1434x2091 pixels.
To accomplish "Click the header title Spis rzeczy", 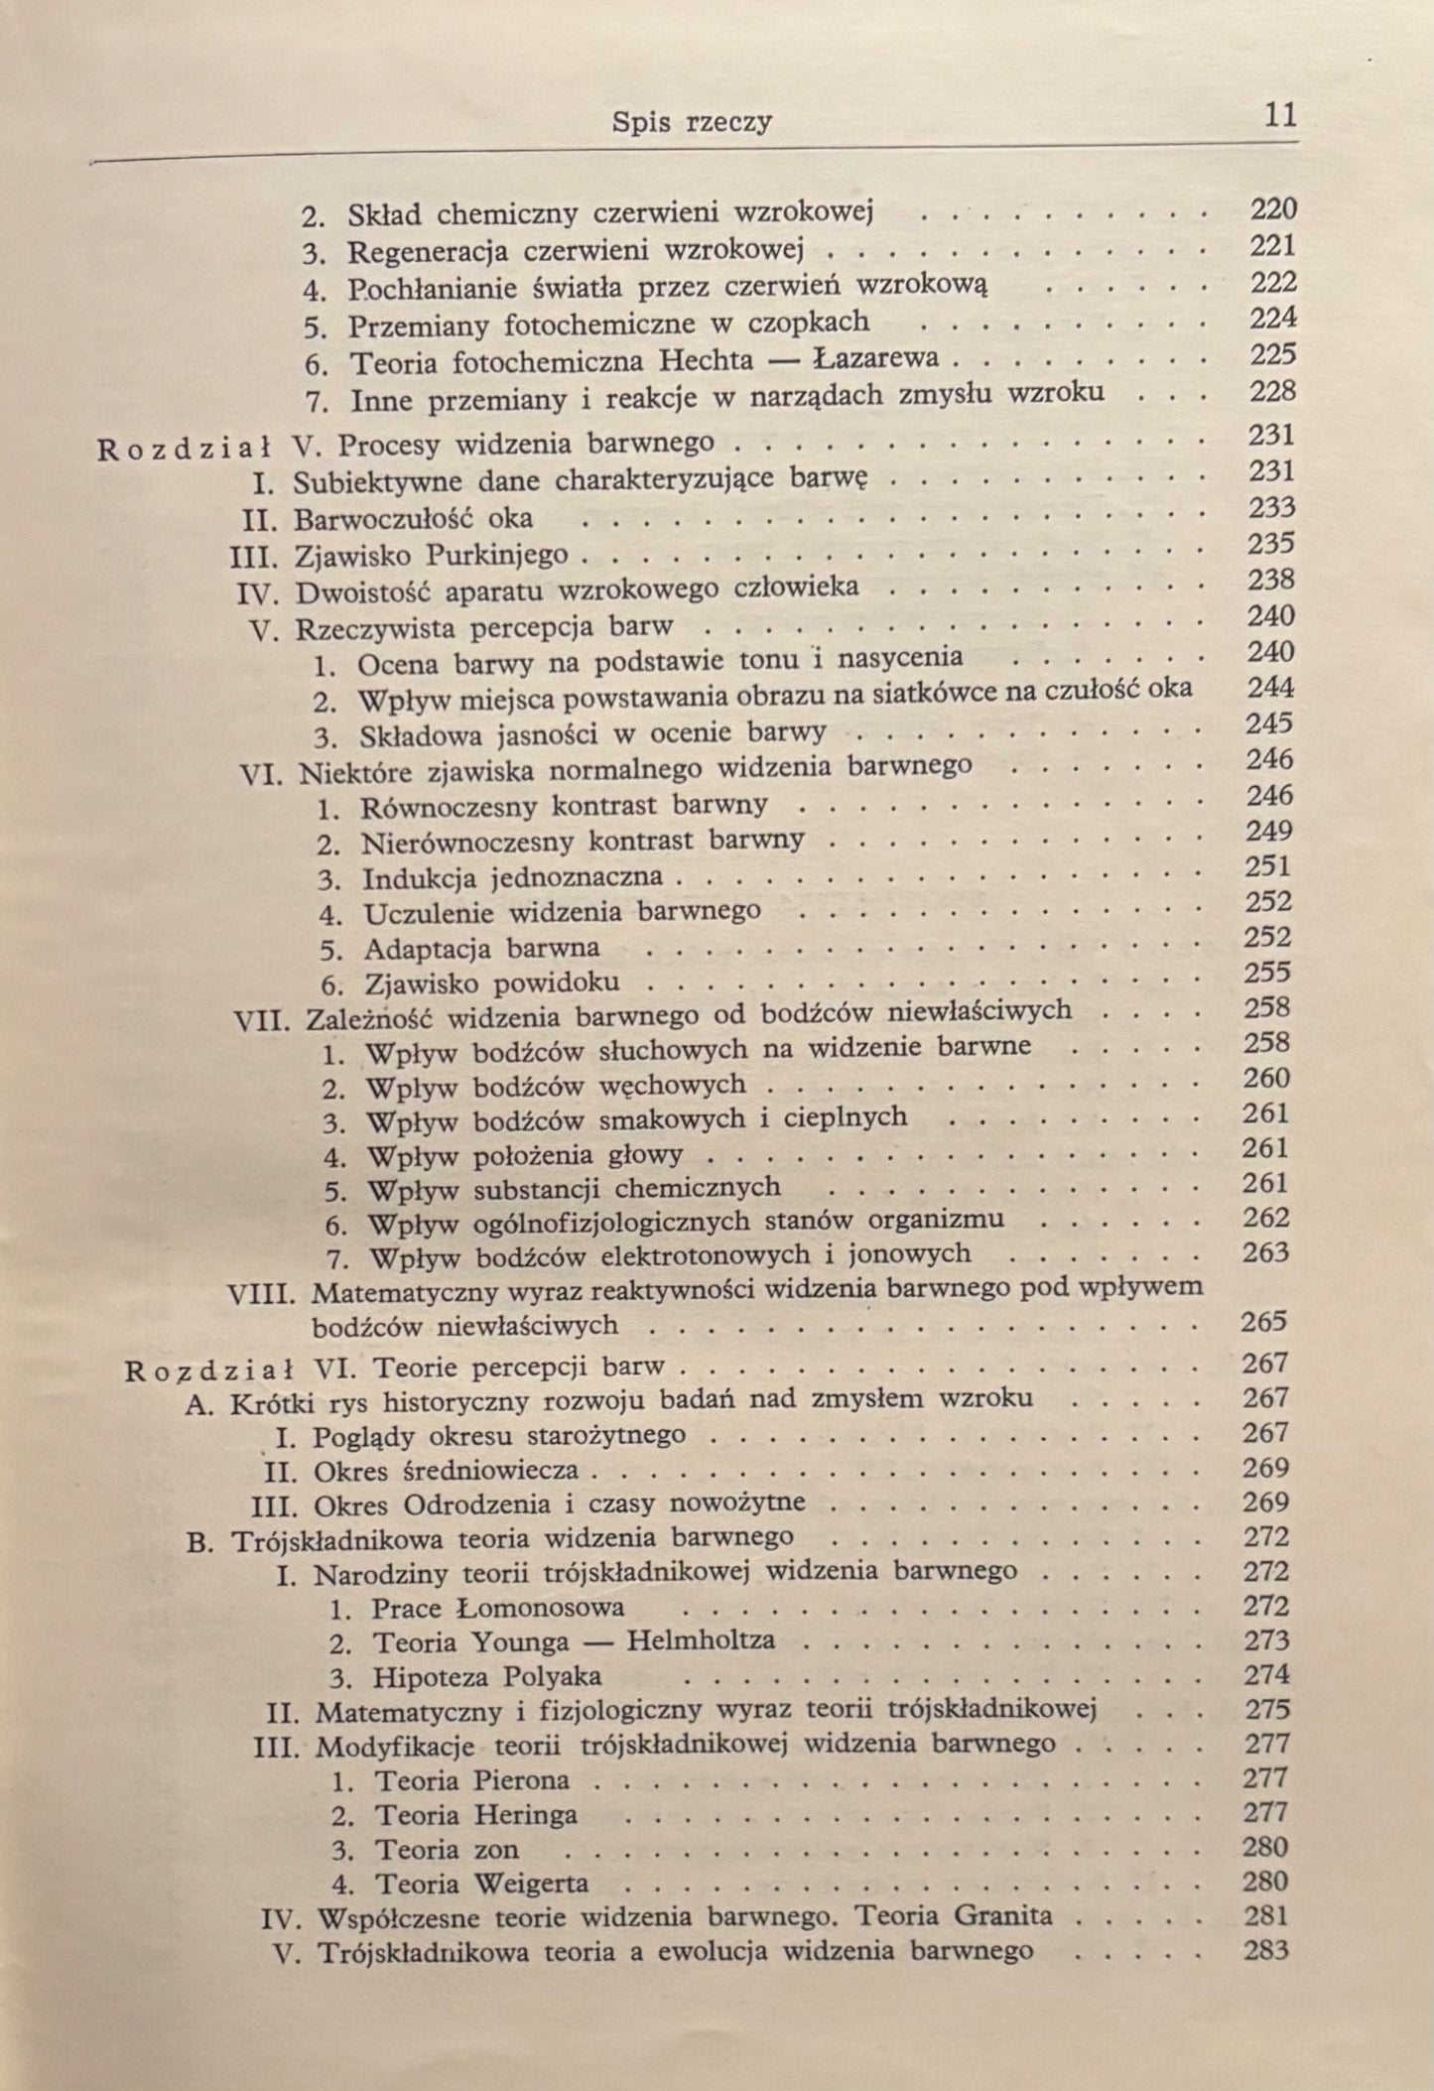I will [692, 122].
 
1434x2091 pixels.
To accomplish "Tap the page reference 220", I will [1273, 208].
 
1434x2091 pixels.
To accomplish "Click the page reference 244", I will [1270, 687].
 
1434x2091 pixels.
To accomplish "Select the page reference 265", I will [1264, 1322].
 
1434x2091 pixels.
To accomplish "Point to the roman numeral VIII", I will [263, 1294].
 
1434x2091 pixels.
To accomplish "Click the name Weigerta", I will [532, 1883].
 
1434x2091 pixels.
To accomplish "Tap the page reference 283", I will [1266, 1950].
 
